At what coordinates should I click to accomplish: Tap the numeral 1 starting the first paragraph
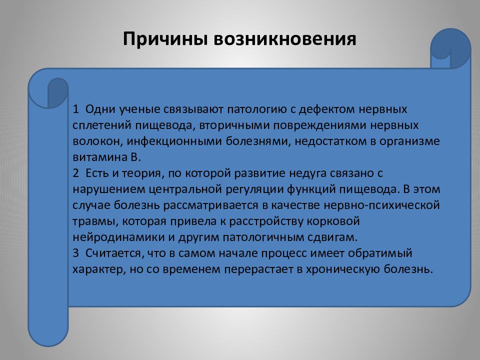(x=75, y=109)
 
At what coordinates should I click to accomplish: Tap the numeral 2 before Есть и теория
(x=75, y=173)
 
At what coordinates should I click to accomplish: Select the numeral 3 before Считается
(x=75, y=253)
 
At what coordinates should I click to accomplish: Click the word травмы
(x=90, y=221)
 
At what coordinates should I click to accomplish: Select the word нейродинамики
(x=105, y=237)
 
